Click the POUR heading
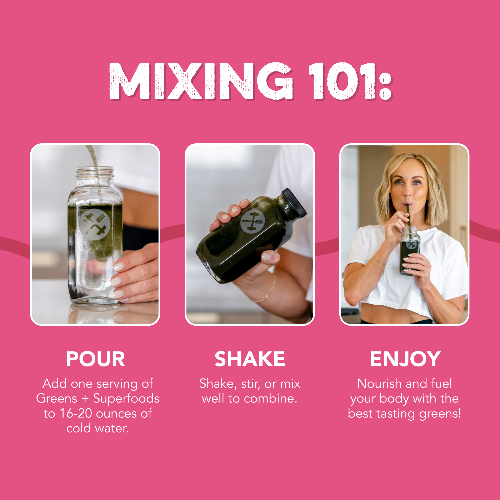pos(95,359)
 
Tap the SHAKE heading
pos(250,359)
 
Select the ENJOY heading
pos(405,359)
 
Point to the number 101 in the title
pos(342,81)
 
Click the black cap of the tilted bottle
pos(294,202)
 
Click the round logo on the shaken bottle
pos(252,221)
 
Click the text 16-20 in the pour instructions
pos(76,413)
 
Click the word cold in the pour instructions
pos(79,428)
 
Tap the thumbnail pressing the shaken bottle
pos(267,257)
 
